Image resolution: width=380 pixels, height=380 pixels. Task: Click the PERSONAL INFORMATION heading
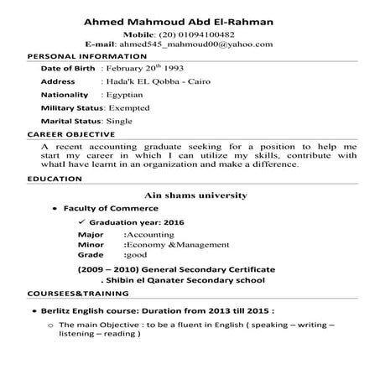coord(75,55)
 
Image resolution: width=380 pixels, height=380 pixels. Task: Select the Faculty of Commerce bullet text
coord(106,208)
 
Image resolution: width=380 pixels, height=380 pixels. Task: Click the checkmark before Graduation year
coord(81,221)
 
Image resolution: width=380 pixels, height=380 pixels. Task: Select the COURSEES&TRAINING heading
coord(78,294)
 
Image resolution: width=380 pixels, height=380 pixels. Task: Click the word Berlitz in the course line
coord(77,310)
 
